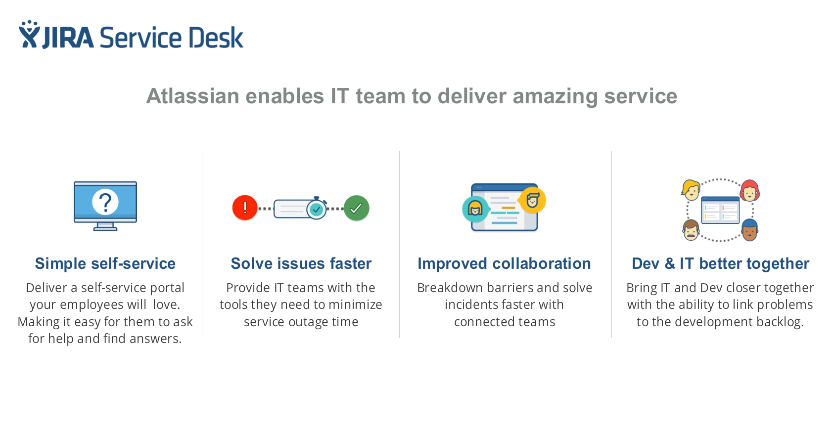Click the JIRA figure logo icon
tap(29, 35)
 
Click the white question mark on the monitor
tap(105, 202)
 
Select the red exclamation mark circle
tap(245, 208)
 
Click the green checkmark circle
tap(356, 208)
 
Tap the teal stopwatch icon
tap(317, 209)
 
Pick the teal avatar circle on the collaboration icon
tap(475, 209)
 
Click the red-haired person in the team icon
tap(750, 190)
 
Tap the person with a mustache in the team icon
tap(691, 230)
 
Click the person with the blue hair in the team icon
tap(750, 230)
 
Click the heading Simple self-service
tap(105, 263)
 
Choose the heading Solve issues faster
tap(301, 263)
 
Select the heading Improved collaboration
tap(504, 263)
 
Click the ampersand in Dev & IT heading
tap(670, 264)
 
